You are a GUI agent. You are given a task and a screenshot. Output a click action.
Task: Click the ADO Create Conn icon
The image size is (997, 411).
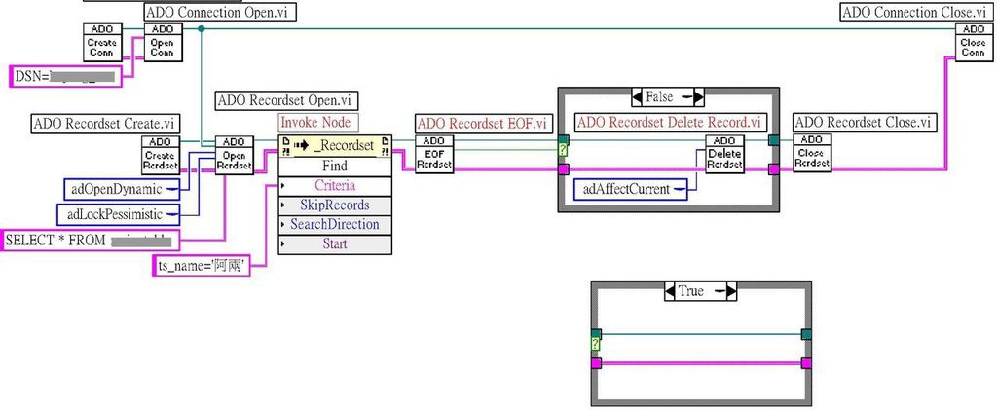pyautogui.click(x=101, y=42)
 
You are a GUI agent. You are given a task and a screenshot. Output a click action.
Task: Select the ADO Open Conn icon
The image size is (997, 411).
pyautogui.click(x=162, y=42)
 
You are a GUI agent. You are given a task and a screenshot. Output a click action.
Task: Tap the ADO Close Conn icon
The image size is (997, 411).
pyautogui.click(x=974, y=42)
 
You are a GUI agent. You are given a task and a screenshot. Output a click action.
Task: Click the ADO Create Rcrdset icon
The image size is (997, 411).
pyautogui.click(x=160, y=154)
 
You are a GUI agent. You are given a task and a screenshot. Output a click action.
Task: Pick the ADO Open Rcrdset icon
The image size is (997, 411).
pyautogui.click(x=234, y=154)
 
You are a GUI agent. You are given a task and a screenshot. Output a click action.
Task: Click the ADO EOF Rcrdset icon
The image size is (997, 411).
pyautogui.click(x=434, y=154)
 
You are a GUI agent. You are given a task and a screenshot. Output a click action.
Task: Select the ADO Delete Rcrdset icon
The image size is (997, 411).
pyautogui.click(x=724, y=154)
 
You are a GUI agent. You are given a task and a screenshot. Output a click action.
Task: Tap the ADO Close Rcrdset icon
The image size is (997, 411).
pyautogui.click(x=812, y=154)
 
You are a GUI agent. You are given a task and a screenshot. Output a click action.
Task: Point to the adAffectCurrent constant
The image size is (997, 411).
pyautogui.click(x=629, y=189)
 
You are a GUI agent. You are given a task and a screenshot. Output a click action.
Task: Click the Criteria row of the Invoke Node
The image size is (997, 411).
pyautogui.click(x=335, y=185)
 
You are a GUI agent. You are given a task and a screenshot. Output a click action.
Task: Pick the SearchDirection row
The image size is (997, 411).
pyautogui.click(x=335, y=224)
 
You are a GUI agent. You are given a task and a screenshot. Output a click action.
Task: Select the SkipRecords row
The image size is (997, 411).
pyautogui.click(x=335, y=205)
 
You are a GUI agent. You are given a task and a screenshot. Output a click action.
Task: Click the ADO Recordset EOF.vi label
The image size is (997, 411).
pyautogui.click(x=480, y=123)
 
